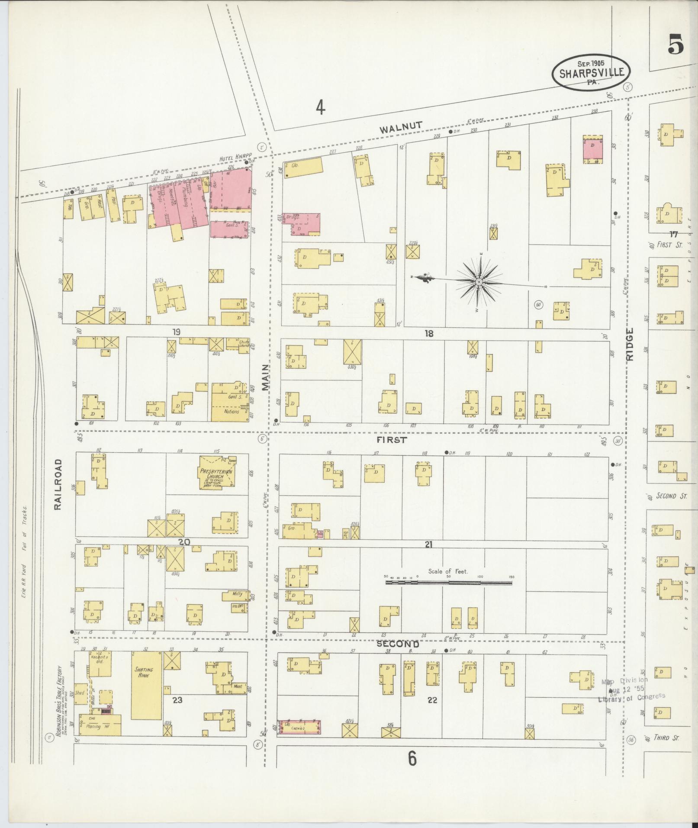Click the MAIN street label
(265, 377)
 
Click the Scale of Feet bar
(448, 583)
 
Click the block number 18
(428, 334)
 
